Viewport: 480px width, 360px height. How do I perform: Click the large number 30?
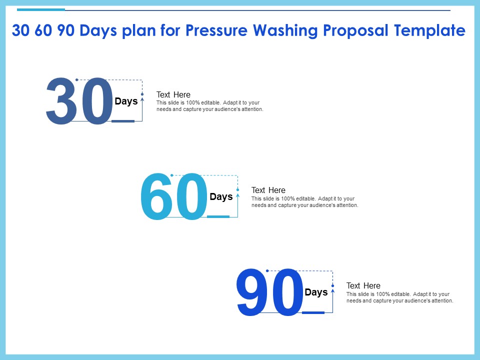click(79, 101)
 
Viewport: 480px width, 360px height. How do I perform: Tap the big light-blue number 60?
click(174, 196)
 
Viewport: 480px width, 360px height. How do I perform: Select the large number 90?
click(269, 292)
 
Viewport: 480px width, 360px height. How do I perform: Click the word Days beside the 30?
click(126, 101)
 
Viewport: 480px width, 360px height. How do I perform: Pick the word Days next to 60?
click(221, 197)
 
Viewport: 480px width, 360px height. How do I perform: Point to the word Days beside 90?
click(316, 292)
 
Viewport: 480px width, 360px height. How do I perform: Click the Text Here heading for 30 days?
click(173, 94)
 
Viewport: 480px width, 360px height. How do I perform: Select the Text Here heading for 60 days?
click(268, 190)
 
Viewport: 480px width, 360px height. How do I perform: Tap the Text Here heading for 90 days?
click(363, 285)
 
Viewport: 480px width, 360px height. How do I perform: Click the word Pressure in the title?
click(216, 30)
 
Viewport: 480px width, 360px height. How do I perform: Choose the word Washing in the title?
click(285, 31)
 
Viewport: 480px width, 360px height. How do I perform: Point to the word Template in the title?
click(429, 31)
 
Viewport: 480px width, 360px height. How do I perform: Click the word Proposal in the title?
click(355, 31)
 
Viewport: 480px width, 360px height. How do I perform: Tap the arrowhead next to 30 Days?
click(142, 99)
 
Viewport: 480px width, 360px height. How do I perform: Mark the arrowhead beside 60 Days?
click(237, 194)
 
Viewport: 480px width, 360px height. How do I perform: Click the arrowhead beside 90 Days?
click(333, 290)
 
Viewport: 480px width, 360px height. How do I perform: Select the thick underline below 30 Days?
click(123, 121)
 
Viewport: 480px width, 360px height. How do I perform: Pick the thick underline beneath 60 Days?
click(218, 216)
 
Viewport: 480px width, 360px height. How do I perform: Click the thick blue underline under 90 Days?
click(313, 312)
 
